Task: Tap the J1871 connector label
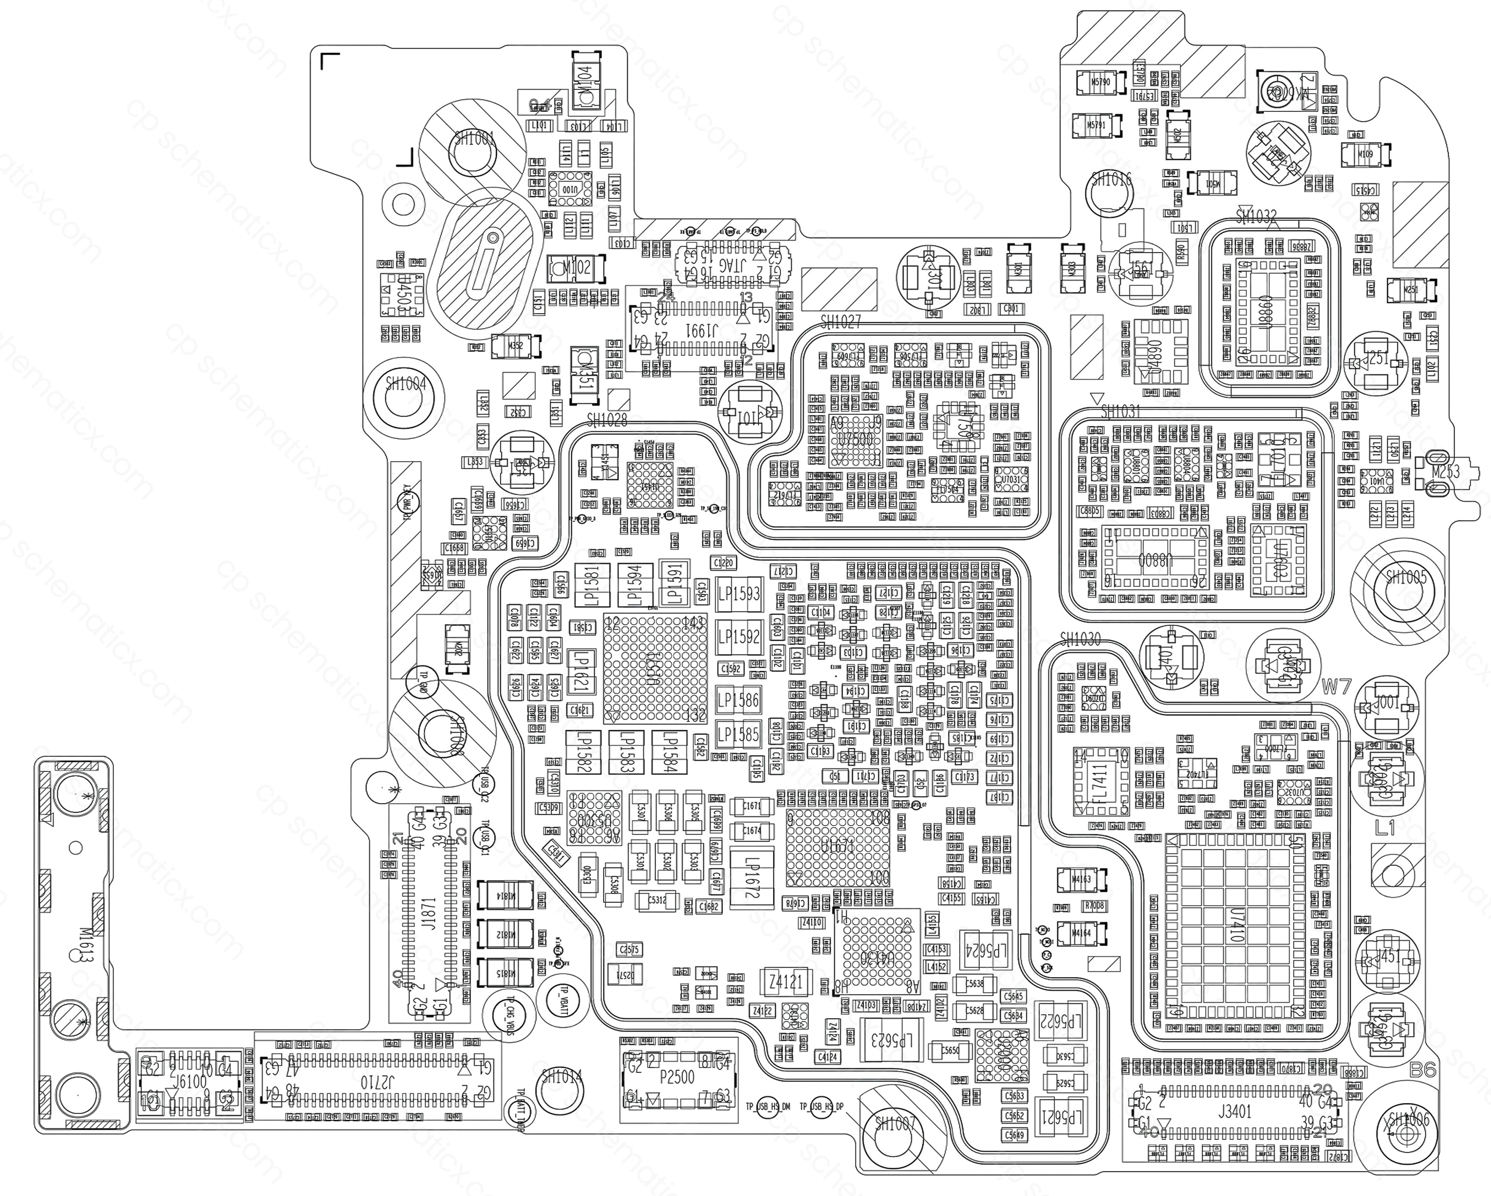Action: coord(429,913)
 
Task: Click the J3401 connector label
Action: coord(1235,1111)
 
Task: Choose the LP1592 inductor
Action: coord(738,637)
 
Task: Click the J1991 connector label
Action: coord(702,331)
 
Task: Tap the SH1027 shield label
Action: coord(841,321)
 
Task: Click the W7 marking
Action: coord(1336,687)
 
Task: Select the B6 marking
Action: coord(1423,1069)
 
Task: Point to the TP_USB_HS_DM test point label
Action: coord(768,1107)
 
